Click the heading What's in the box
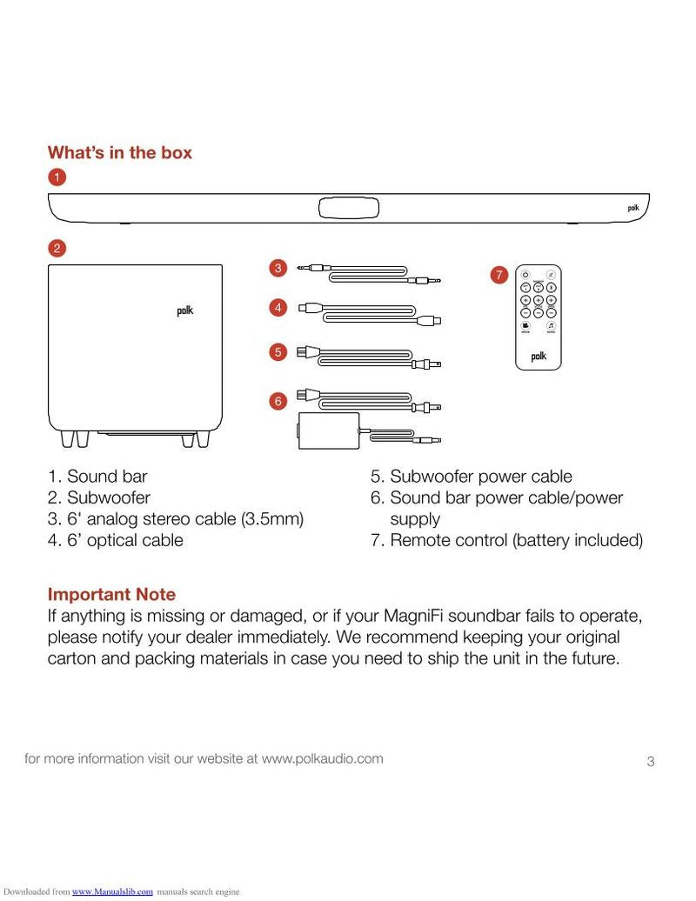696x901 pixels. pos(119,153)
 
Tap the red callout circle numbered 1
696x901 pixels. pos(57,177)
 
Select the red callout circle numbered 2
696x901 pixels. pos(57,248)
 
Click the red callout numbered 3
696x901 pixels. pos(278,269)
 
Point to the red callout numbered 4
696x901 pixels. pos(278,307)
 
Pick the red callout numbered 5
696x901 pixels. pos(278,352)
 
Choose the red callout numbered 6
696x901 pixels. pos(278,401)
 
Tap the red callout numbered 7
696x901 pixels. pos(499,276)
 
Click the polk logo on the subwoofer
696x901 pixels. pos(185,311)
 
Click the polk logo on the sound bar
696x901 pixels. pos(632,208)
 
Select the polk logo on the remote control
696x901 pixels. pos(539,357)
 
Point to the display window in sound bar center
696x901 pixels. pos(349,208)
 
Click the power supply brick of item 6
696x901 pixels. pos(329,430)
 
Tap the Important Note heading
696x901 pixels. pos(111,595)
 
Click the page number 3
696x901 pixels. pos(650,763)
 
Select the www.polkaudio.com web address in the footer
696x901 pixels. pos(322,758)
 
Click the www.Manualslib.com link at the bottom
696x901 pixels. pos(112,891)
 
